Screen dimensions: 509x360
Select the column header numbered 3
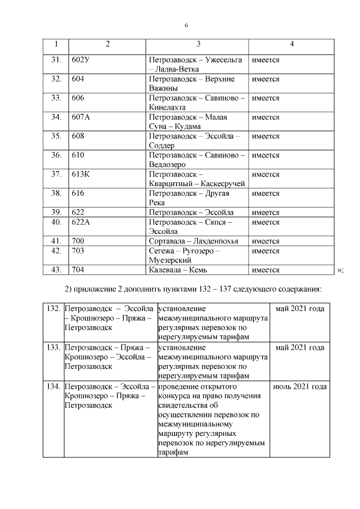199,44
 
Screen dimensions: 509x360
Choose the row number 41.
56,241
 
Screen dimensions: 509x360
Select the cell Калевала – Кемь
178,270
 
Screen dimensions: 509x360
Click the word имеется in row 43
265,270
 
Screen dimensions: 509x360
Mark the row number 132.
53,309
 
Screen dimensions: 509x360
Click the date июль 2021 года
299,387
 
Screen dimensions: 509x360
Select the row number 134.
53,387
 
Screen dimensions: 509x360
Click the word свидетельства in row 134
183,406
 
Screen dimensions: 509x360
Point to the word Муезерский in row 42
170,260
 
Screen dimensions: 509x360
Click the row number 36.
56,155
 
